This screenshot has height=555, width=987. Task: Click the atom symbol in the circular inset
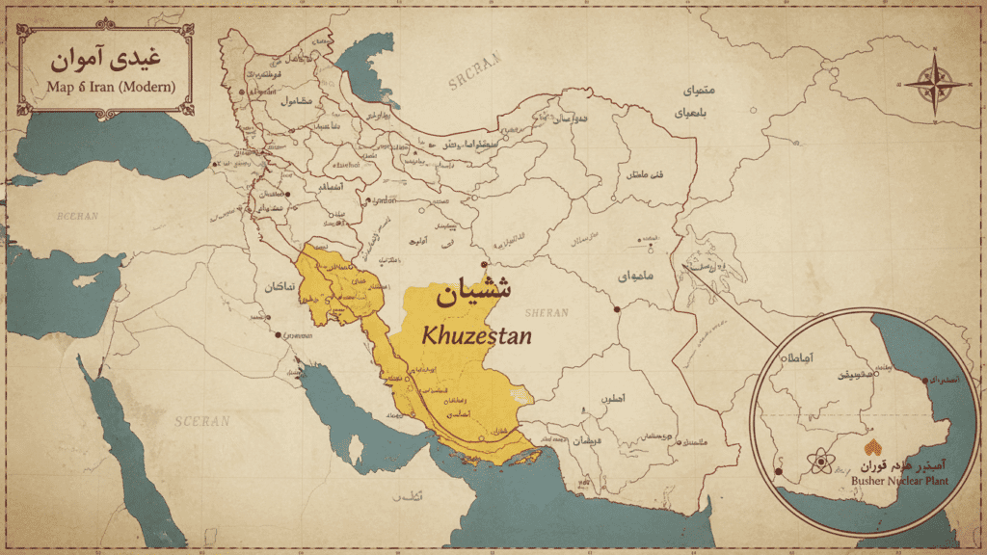pyautogui.click(x=820, y=462)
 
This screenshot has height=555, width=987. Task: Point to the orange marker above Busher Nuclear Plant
pyautogui.click(x=873, y=448)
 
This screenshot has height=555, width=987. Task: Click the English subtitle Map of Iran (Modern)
pyautogui.click(x=110, y=87)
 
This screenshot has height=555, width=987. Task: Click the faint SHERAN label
pyautogui.click(x=547, y=312)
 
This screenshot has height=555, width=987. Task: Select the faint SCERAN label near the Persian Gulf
pyautogui.click(x=202, y=420)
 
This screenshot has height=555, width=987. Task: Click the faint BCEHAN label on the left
pyautogui.click(x=77, y=216)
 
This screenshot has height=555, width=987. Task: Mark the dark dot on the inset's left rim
pyautogui.click(x=779, y=472)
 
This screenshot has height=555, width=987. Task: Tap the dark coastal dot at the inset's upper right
pyautogui.click(x=926, y=380)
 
